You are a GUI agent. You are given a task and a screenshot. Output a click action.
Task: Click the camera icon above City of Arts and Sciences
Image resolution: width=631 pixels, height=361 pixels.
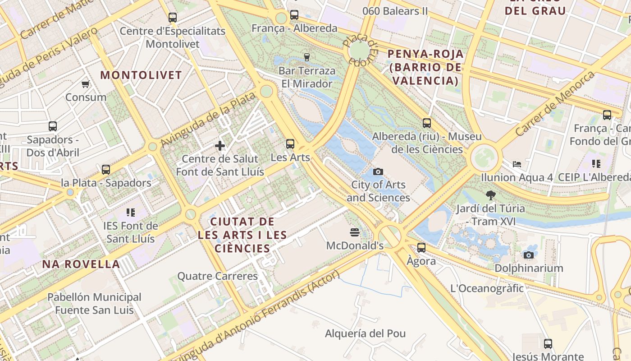[378, 171]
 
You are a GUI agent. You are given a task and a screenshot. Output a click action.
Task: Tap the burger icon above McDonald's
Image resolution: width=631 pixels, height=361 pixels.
[355, 232]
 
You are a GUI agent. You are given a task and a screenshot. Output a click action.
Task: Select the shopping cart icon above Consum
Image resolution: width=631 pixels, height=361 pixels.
[86, 84]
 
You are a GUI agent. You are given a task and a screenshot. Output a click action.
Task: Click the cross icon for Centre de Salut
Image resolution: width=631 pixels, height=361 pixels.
[220, 146]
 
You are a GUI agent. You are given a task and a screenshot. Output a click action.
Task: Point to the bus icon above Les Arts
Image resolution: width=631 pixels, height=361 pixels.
[290, 144]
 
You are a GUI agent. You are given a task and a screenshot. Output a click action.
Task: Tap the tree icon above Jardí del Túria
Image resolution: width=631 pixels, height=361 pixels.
[491, 195]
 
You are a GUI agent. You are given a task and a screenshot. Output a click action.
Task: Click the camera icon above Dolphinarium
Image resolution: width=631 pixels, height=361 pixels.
[529, 255]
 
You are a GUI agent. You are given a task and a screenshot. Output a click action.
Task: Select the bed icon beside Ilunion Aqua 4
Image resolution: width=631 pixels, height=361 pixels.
[517, 164]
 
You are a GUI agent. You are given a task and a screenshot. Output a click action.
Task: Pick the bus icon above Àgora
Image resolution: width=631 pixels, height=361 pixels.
[421, 247]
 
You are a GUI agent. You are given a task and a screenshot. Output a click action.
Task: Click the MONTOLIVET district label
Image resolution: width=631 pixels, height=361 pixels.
[141, 75]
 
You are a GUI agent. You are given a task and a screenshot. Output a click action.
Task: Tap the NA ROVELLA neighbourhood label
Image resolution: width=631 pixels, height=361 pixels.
[81, 264]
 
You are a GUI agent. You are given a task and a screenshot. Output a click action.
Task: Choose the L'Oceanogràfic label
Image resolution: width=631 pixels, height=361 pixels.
[487, 288]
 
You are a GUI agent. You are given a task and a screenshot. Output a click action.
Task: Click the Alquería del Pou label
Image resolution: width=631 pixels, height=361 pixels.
[366, 333]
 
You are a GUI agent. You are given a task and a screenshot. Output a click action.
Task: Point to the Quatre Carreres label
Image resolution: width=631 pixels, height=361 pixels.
[217, 276]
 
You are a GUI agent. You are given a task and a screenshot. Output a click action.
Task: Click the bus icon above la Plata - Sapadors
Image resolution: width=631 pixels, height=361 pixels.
[106, 170]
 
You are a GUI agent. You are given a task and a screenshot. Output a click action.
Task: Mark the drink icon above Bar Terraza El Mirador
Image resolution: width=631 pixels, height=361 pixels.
[307, 57]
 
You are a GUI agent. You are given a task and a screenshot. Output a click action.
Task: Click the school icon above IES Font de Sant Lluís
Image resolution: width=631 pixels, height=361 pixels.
[131, 212]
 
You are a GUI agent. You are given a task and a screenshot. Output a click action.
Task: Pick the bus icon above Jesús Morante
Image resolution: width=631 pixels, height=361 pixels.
[548, 344]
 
